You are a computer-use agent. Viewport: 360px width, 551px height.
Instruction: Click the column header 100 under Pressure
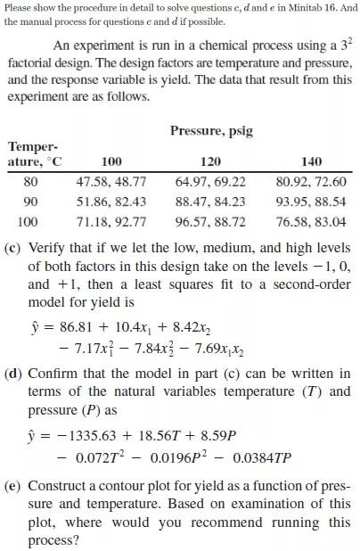[x=111, y=161]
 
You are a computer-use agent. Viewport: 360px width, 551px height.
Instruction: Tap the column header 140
[x=311, y=161]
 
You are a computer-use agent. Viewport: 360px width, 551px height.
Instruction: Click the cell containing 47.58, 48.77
[x=111, y=182]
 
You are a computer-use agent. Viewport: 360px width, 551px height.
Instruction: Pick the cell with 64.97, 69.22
[x=211, y=182]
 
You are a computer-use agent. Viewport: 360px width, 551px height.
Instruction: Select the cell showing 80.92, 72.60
[x=311, y=182]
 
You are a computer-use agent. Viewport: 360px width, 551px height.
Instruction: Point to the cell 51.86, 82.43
[x=111, y=201]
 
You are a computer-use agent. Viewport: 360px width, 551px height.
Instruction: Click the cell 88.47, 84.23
[x=211, y=201]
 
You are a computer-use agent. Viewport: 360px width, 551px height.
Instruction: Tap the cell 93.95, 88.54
[x=311, y=201]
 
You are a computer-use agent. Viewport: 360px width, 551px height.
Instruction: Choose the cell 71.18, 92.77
[x=111, y=221]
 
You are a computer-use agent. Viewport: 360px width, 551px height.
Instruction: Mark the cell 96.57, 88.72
[x=211, y=221]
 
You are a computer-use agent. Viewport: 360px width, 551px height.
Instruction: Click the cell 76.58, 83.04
[x=311, y=221]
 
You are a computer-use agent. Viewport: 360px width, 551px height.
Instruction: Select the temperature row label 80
[x=29, y=182]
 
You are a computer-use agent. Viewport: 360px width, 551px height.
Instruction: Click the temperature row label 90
[x=29, y=201]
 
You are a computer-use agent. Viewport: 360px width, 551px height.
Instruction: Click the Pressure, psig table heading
[x=211, y=131]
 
